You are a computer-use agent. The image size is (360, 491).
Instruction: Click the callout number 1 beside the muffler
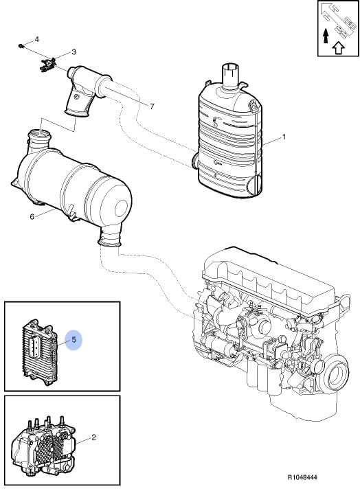click(284, 137)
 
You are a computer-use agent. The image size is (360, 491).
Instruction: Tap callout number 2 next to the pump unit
click(93, 437)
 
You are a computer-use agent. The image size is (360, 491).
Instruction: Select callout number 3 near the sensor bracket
click(74, 52)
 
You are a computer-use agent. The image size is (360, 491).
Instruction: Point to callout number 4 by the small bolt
click(36, 39)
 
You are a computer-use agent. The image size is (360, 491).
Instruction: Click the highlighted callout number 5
click(74, 340)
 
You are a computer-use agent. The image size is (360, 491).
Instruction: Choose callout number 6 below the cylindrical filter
click(32, 217)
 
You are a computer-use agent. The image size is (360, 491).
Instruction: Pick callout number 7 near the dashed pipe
click(152, 106)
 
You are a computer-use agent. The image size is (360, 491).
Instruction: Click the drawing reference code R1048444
click(302, 477)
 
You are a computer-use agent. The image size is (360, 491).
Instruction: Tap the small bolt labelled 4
click(21, 46)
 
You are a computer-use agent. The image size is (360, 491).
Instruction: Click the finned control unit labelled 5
click(39, 352)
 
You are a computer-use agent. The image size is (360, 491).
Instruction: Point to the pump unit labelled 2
click(43, 442)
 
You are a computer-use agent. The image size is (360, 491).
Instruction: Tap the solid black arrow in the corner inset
click(326, 36)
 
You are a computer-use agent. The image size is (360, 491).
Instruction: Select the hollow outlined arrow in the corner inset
click(338, 47)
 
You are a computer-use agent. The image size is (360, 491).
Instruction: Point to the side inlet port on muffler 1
click(195, 160)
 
